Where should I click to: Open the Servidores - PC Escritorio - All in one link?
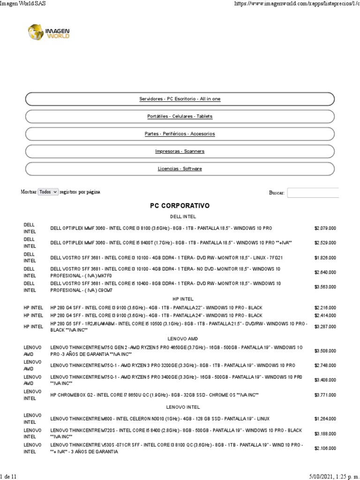click(180, 99)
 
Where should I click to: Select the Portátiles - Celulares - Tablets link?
click(180, 116)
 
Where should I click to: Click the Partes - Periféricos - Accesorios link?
click(180, 134)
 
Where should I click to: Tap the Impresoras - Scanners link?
click(180, 151)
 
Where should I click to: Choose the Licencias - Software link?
click(180, 169)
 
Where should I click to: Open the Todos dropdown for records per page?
click(48, 192)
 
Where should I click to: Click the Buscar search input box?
click(313, 193)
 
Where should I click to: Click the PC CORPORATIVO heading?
click(180, 206)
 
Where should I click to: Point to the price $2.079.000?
click(325, 228)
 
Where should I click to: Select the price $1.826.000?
click(325, 258)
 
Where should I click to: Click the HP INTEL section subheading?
click(180, 299)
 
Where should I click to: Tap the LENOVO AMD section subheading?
click(180, 338)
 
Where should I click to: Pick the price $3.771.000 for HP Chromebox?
click(325, 395)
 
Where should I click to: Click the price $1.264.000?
click(325, 419)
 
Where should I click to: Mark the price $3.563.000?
click(325, 287)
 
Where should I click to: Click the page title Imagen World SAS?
click(23, 4)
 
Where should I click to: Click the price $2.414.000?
click(325, 315)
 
